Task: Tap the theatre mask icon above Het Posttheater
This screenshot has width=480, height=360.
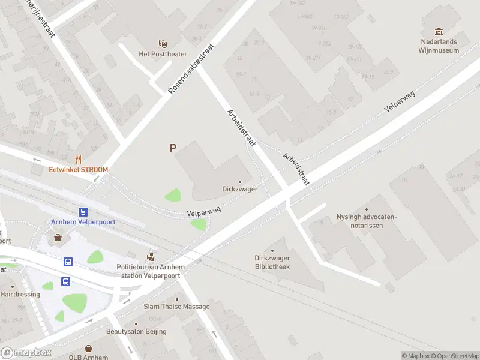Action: pos(162,43)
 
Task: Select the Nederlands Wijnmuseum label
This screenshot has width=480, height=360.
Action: pos(439,46)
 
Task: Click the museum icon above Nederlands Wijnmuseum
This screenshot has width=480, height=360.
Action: pos(439,31)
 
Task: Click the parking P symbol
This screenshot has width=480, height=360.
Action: pos(173,148)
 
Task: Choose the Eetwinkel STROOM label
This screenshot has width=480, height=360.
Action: pos(79,170)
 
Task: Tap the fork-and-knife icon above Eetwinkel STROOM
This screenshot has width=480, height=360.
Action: pos(78,159)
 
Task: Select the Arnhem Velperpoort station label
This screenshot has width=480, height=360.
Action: pos(83,221)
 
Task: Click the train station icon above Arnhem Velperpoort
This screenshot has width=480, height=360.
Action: pos(83,211)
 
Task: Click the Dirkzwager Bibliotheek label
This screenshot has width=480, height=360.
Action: pos(272,262)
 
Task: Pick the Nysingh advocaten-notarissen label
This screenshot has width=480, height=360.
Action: pos(367,221)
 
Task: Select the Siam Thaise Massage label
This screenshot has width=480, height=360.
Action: pos(176,307)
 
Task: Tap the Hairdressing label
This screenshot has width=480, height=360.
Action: pos(20,295)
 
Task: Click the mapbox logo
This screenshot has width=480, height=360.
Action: pos(26,353)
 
